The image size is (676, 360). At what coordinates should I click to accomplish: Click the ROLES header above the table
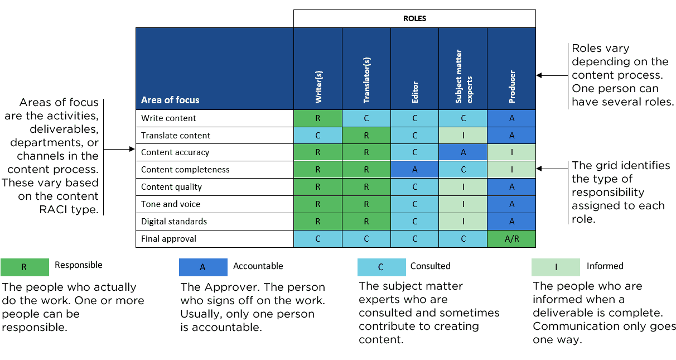tap(414, 18)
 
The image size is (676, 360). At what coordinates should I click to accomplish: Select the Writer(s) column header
tap(318, 87)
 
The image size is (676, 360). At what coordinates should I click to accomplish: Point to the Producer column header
tap(511, 87)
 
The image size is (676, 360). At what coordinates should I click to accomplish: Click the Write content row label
tap(168, 118)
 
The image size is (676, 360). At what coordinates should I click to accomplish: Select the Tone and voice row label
tap(170, 204)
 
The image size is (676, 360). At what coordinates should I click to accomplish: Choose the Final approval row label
tap(168, 239)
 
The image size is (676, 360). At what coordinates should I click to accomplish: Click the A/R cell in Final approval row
tap(511, 239)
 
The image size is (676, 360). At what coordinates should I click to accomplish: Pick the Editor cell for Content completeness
tap(414, 170)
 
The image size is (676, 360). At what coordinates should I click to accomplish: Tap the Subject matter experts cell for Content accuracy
tap(463, 152)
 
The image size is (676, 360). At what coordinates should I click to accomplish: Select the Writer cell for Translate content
tap(318, 136)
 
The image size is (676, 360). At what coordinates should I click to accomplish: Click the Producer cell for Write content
tap(511, 118)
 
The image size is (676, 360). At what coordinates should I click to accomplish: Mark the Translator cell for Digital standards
tap(366, 222)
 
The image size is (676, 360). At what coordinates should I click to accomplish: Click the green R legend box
tap(25, 267)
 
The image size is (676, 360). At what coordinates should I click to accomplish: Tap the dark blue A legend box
tap(203, 267)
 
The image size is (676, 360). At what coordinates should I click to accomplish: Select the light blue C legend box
tap(382, 267)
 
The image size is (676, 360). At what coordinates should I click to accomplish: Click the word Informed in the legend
tap(605, 266)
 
